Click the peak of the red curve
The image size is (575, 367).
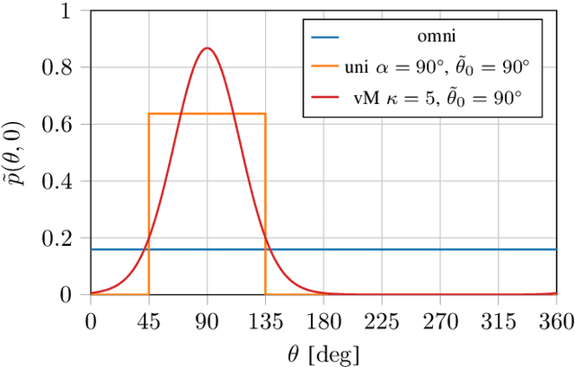[207, 48]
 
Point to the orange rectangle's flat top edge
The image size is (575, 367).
[207, 114]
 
